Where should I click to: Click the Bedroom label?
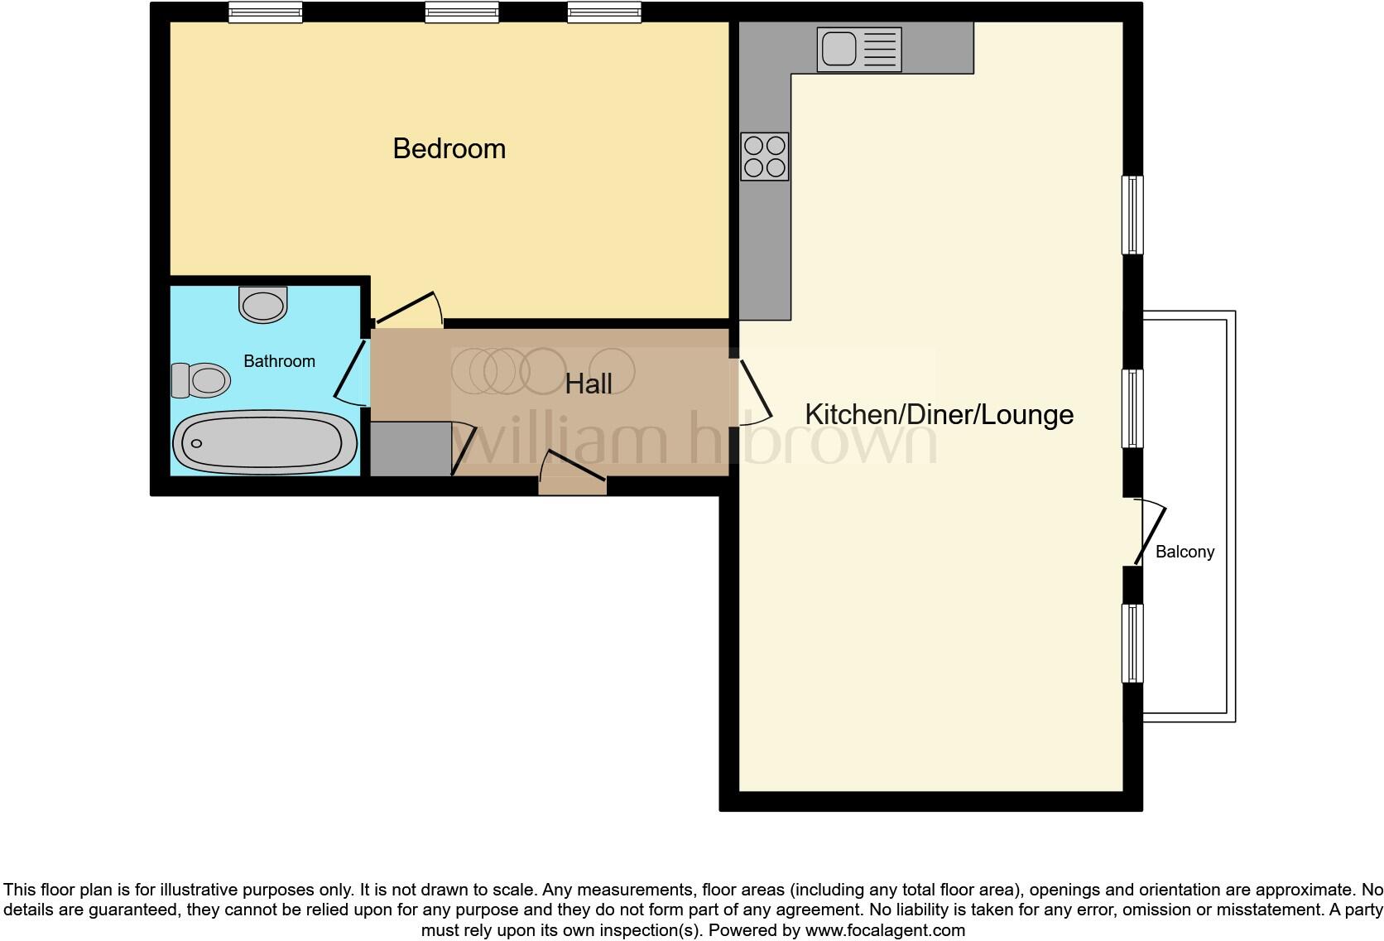click(x=449, y=149)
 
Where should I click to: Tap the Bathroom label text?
click(x=279, y=361)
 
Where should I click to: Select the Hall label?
click(x=589, y=384)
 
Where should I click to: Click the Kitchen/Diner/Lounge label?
click(x=939, y=414)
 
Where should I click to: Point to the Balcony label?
click(x=1185, y=552)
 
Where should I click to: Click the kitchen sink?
click(x=858, y=49)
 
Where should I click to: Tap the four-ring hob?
click(x=764, y=157)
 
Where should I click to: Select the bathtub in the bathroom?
click(x=265, y=443)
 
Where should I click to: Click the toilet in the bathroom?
click(x=201, y=381)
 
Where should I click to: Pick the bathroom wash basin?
click(x=263, y=304)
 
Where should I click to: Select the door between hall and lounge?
click(x=755, y=388)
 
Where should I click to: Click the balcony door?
click(x=1150, y=534)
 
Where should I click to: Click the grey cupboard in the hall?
click(x=410, y=449)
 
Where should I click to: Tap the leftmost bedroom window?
click(x=265, y=12)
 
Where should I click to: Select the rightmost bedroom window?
click(x=604, y=12)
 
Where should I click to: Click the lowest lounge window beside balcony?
click(x=1132, y=643)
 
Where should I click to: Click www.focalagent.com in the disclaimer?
click(x=885, y=930)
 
